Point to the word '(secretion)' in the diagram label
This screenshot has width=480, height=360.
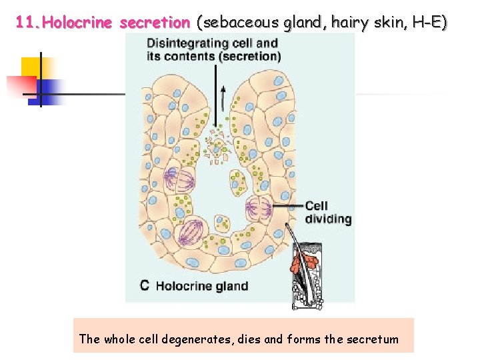click(249, 56)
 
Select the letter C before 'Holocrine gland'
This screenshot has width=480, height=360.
click(145, 286)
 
